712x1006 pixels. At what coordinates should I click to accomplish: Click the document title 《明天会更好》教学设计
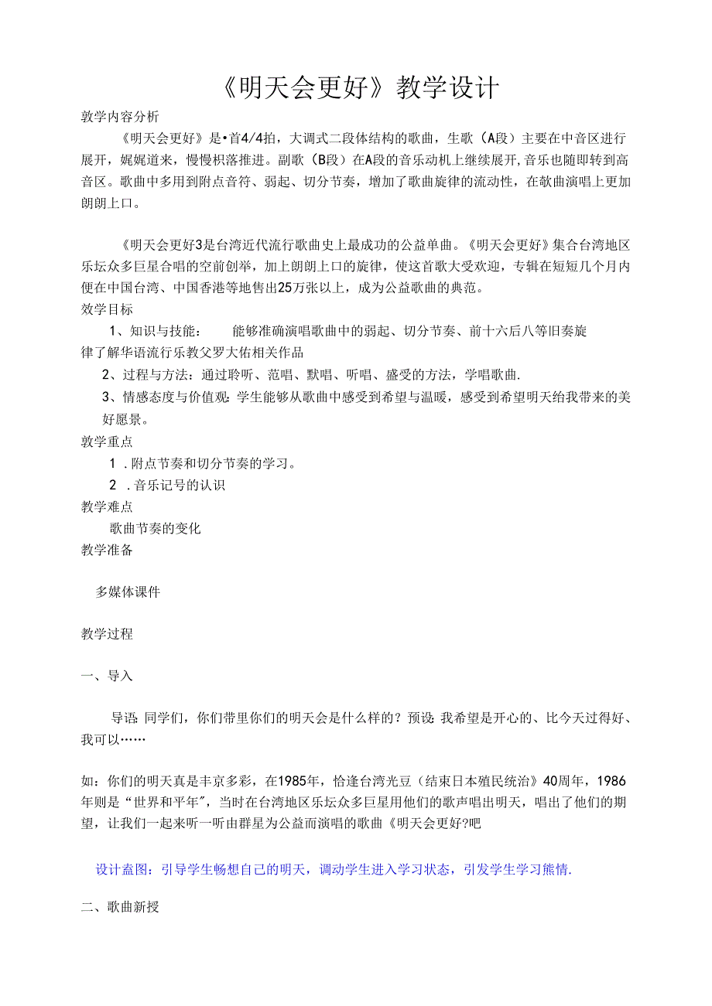[355, 88]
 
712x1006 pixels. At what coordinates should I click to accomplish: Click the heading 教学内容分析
[120, 117]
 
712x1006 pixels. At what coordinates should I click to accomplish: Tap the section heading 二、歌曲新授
[120, 907]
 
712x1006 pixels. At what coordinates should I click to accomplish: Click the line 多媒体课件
[128, 592]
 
